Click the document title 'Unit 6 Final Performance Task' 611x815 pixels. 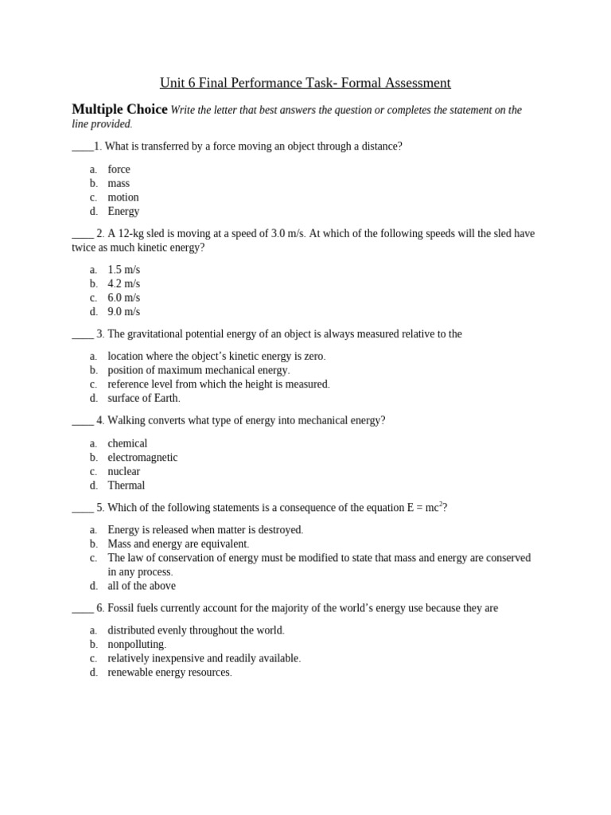[x=305, y=83]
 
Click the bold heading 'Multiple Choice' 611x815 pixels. [x=119, y=110]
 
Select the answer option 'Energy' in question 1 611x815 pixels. [x=123, y=211]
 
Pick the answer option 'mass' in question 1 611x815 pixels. [x=119, y=183]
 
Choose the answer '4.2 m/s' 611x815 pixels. [x=123, y=283]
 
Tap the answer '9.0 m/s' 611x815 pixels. [x=123, y=311]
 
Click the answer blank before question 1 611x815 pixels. [x=82, y=147]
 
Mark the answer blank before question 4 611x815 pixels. [x=82, y=421]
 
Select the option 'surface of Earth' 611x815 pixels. [x=143, y=398]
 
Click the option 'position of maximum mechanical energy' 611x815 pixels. [x=198, y=370]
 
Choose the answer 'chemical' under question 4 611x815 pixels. [x=127, y=443]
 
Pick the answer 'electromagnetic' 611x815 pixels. [x=142, y=457]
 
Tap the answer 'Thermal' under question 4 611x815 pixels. [x=126, y=485]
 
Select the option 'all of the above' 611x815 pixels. [x=142, y=586]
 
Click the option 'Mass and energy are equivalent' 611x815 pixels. [x=177, y=544]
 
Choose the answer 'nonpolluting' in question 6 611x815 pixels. [x=136, y=644]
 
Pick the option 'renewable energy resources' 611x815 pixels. [x=169, y=672]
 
